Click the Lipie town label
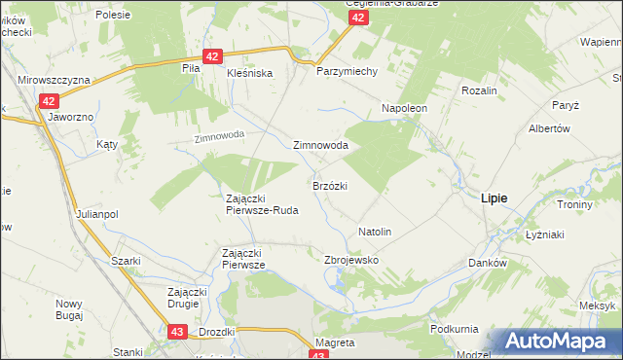tap(495, 198)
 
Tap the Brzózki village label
tap(330, 185)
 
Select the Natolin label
tap(375, 233)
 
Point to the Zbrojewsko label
tap(350, 261)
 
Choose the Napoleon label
tap(405, 108)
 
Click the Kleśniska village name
tap(249, 73)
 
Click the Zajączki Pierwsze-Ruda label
tap(261, 203)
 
